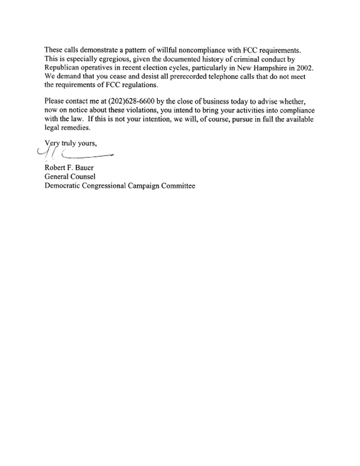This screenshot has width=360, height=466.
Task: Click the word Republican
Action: [63, 68]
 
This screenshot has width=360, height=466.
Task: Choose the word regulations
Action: [136, 86]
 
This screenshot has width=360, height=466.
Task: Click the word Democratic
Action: [64, 186]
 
